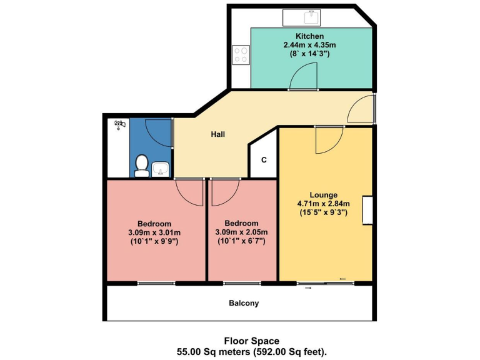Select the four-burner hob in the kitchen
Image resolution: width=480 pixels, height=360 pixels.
coord(240,55)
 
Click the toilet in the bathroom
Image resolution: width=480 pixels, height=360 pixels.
coord(141,166)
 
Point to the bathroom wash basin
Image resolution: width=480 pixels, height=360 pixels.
coord(161,167)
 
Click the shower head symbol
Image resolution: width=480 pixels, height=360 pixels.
coord(119,125)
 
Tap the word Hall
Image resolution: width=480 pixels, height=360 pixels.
coord(217,134)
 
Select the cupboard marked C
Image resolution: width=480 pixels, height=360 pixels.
coord(264,159)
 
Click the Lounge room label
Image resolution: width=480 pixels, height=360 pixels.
coord(323,194)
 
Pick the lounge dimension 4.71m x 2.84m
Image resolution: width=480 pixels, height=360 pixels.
coord(323,203)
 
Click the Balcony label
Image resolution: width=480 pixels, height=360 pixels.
coord(243,303)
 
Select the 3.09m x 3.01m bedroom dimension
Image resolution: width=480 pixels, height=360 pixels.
coord(154,232)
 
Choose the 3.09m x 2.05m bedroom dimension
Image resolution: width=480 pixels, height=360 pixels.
coord(241,232)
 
